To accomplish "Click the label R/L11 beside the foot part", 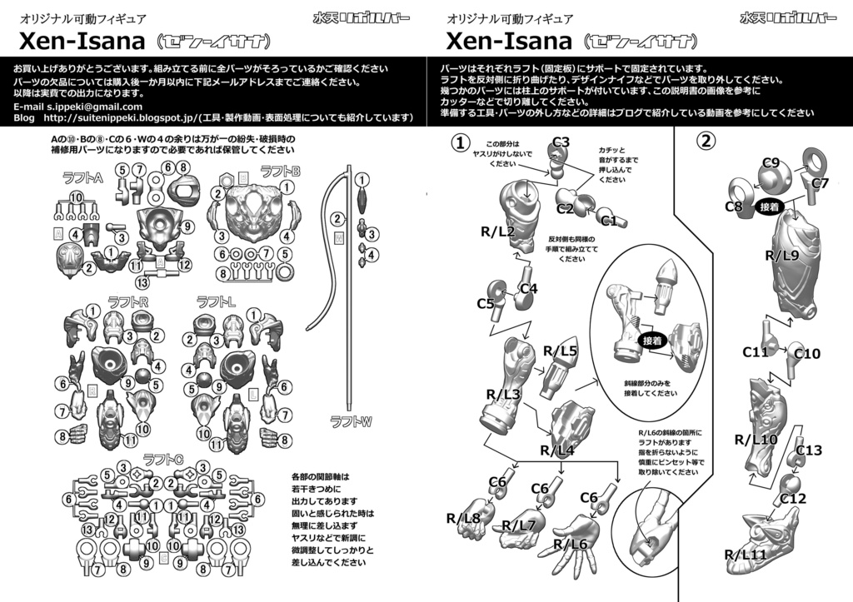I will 744,555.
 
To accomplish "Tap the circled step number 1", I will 460,142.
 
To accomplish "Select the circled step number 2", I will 706,141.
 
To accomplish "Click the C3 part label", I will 561,142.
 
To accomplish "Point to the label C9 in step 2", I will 771,162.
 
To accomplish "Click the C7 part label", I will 820,182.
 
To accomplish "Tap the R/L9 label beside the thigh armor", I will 782,256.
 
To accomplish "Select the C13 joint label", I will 808,450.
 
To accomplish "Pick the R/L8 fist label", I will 463,519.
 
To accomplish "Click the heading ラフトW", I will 350,421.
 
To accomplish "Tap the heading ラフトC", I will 163,458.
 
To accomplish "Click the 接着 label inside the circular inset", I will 651,341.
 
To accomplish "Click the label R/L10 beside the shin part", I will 756,439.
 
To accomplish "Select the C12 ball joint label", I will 793,498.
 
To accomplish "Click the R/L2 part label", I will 497,231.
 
